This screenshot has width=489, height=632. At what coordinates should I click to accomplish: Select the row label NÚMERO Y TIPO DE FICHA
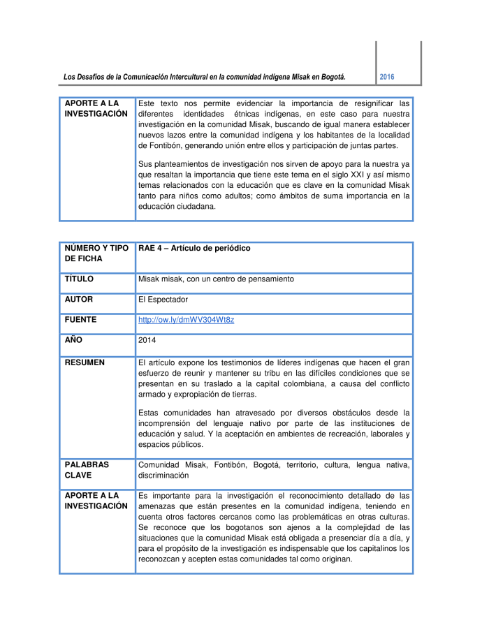96,253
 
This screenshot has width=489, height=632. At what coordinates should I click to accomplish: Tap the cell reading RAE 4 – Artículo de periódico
194,249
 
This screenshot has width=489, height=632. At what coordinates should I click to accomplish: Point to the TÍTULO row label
79,279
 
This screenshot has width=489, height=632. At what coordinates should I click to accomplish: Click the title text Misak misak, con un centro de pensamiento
216,279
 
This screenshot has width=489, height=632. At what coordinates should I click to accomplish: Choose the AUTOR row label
79,300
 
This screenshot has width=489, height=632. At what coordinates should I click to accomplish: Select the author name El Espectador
163,300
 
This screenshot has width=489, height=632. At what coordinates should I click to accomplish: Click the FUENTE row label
80,320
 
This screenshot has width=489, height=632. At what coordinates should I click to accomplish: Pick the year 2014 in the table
147,341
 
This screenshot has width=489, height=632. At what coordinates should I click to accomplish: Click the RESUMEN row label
85,363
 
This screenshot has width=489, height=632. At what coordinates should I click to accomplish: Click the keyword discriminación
163,476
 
